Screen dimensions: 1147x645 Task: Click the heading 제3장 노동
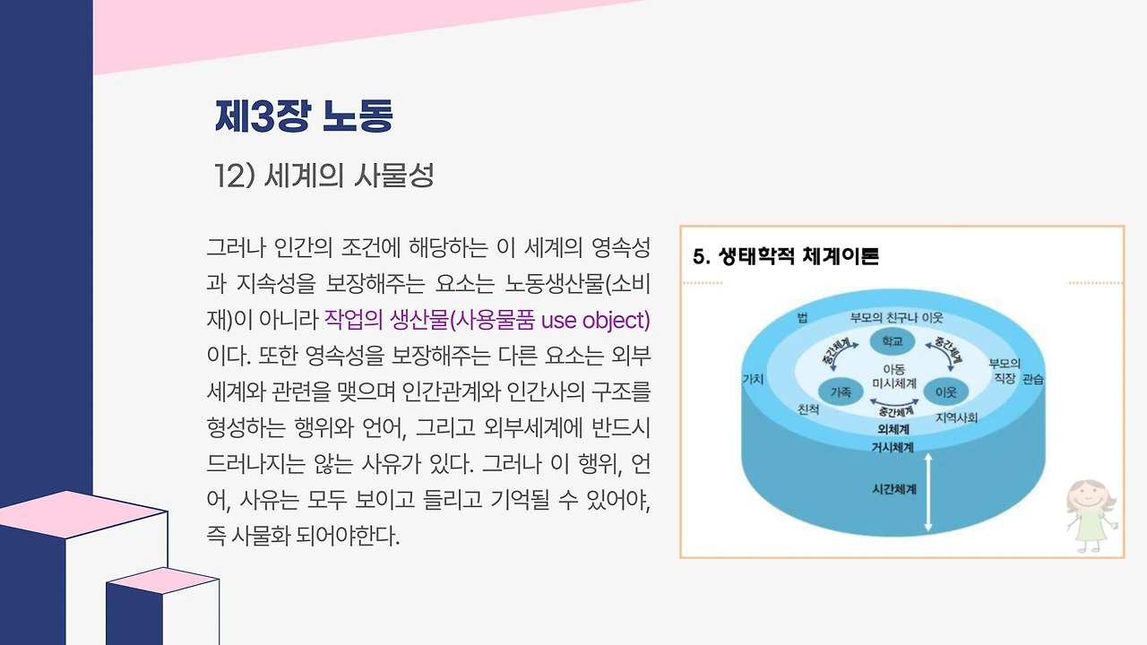pyautogui.click(x=304, y=116)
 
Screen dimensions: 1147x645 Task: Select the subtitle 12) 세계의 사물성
pyautogui.click(x=323, y=175)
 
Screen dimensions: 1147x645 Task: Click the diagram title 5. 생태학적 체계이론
pyautogui.click(x=786, y=256)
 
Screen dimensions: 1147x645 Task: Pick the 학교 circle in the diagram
pyautogui.click(x=892, y=341)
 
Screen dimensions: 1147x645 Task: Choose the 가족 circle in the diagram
pyautogui.click(x=841, y=392)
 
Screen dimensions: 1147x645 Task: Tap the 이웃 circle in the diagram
pyautogui.click(x=945, y=392)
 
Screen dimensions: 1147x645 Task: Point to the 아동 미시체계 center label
pyautogui.click(x=894, y=375)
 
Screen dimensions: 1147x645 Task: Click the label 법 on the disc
pyautogui.click(x=802, y=318)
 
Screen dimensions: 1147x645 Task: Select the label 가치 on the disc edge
pyautogui.click(x=754, y=379)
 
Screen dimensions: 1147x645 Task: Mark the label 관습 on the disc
pyautogui.click(x=1033, y=379)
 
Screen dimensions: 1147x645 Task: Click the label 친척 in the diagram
pyautogui.click(x=808, y=409)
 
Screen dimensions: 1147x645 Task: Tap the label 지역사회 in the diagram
pyautogui.click(x=956, y=417)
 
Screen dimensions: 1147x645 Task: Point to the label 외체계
pyautogui.click(x=893, y=429)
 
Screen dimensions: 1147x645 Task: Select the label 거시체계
pyautogui.click(x=893, y=447)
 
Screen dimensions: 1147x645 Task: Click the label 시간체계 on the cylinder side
pyautogui.click(x=894, y=489)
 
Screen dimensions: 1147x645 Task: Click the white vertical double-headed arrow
pyautogui.click(x=927, y=493)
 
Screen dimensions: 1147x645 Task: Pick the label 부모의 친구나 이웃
pyautogui.click(x=897, y=318)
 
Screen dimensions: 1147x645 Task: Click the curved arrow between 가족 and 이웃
pyautogui.click(x=894, y=403)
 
